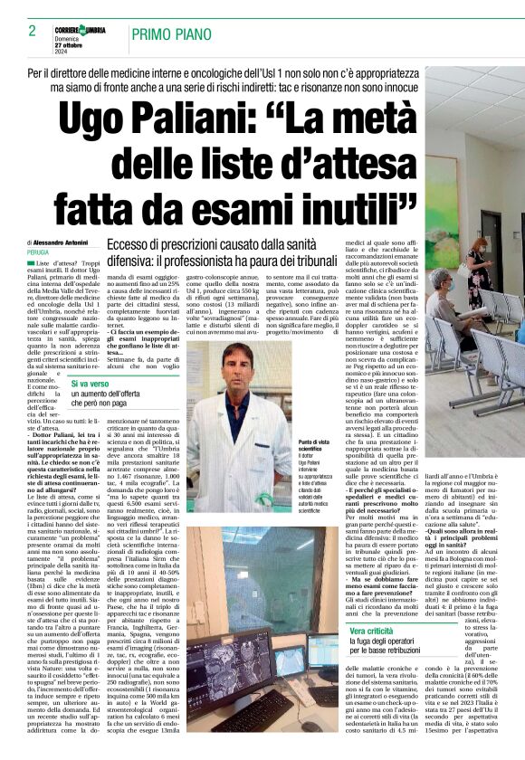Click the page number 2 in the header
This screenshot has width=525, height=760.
[19, 32]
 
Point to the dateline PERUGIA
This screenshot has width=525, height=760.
[37, 252]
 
